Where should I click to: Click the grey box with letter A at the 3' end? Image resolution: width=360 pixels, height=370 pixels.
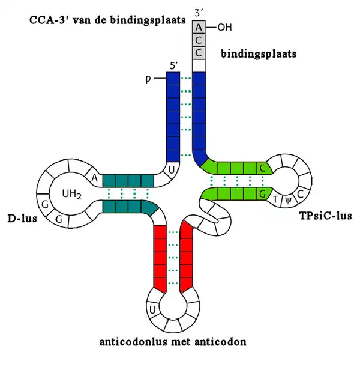[x=199, y=28]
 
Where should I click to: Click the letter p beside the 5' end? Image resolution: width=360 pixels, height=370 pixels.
[x=154, y=79]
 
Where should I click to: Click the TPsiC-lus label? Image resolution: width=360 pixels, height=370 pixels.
[x=324, y=215]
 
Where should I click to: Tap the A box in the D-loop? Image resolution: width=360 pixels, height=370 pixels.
[x=95, y=177]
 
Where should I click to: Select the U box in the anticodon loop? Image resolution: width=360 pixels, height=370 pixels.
[x=153, y=309]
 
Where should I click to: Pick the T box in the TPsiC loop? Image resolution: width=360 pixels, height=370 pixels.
[x=275, y=199]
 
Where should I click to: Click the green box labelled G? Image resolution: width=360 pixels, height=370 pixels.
[x=262, y=193]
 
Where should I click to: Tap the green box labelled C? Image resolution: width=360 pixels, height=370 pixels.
[x=262, y=168]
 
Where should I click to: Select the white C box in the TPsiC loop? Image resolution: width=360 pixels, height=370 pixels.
[x=300, y=193]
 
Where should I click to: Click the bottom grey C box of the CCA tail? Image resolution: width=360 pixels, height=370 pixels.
[x=199, y=53]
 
